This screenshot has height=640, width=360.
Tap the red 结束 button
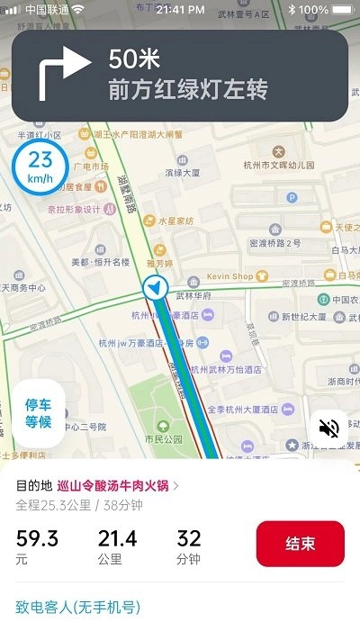[x=300, y=544]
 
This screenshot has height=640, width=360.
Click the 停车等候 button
[x=39, y=413]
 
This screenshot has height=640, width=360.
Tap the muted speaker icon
[x=329, y=428]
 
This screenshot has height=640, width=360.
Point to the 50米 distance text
[x=134, y=60]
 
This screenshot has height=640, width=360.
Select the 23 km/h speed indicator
[x=40, y=167]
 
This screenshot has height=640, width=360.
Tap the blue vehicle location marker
[x=156, y=288]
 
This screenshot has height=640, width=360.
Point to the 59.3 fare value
[x=37, y=538]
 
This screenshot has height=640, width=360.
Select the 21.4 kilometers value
[x=117, y=538]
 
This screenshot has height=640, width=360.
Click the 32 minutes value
[x=189, y=538]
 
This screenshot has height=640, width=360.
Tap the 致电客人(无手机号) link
[x=78, y=607]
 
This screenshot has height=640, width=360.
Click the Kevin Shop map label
[x=229, y=276]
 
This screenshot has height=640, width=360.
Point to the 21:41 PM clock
[x=180, y=9]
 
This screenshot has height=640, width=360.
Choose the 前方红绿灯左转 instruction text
[x=188, y=91]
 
